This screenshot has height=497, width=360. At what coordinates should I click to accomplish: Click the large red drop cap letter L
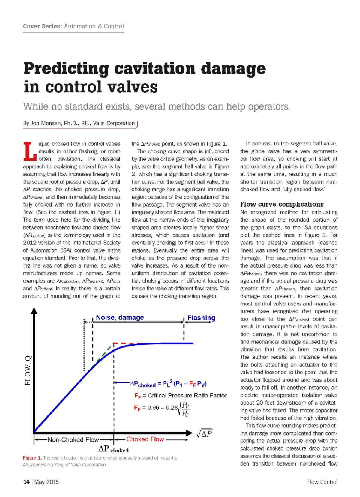(30, 151)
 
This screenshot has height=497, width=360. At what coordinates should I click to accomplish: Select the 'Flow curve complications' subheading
(282, 204)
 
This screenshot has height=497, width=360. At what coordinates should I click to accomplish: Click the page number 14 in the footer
(26, 482)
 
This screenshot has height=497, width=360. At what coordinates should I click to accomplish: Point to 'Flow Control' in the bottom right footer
(322, 482)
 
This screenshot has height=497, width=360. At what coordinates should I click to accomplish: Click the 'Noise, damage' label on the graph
(120, 317)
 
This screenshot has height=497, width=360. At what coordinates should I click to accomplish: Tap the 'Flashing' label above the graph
(201, 318)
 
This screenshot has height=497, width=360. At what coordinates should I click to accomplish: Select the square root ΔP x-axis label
(204, 433)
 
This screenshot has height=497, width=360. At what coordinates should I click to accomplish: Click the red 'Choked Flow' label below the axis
(145, 439)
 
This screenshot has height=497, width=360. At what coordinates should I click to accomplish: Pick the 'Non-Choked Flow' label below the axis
(73, 439)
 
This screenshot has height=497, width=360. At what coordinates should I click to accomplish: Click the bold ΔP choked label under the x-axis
(113, 449)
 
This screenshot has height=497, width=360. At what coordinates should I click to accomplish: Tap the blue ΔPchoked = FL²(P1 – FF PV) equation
(168, 384)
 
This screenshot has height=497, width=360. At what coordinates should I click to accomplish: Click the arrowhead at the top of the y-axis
(34, 311)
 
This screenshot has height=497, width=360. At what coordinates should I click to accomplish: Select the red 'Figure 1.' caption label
(32, 458)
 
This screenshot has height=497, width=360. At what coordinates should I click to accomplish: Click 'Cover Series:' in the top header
(42, 26)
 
